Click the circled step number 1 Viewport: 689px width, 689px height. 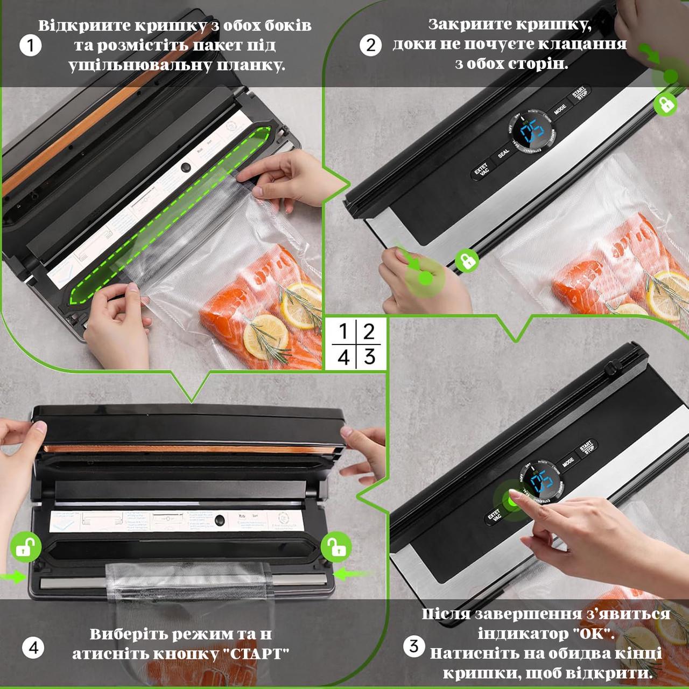30,45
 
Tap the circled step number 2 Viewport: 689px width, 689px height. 370,45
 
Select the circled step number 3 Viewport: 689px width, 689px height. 414,645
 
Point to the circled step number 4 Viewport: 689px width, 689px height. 33,647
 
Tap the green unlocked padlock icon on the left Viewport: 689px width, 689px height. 25,547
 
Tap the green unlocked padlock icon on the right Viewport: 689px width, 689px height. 336,547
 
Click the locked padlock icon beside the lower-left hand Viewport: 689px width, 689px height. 467,261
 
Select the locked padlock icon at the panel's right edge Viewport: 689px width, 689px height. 666,103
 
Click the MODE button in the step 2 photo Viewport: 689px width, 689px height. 560,109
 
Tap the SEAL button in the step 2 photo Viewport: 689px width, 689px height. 503,154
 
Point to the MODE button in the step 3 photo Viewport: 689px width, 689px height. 568,462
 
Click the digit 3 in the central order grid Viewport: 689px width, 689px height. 369,356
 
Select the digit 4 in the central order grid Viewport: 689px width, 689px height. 343,357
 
